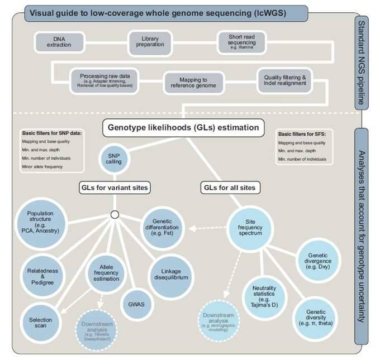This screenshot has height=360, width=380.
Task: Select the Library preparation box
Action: (146, 41)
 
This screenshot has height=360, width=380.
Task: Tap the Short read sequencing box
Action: (241, 41)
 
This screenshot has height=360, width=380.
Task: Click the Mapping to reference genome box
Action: (193, 83)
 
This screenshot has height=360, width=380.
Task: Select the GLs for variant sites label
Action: (114, 188)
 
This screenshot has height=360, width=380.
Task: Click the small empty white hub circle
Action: (115, 214)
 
